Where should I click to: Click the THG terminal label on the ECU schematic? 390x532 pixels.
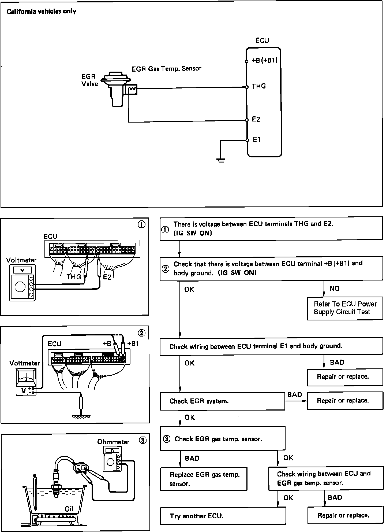point(258,86)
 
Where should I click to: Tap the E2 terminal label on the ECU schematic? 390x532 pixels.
point(256,119)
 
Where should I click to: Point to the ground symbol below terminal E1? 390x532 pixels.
point(220,161)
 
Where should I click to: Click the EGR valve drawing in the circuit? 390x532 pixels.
point(116,88)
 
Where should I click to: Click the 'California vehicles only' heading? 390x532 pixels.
point(42,12)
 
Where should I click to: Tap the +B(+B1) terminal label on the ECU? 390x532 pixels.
point(264,61)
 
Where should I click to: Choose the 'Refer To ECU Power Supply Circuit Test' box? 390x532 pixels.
point(345,308)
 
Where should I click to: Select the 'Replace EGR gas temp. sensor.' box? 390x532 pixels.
point(204,479)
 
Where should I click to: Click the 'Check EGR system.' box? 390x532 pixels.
point(222,401)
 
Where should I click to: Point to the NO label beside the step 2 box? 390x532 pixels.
point(335,289)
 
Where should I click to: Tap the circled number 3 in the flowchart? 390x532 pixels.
point(167,439)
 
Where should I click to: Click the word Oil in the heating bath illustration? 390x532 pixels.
point(69,509)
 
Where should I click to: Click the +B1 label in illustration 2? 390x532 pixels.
point(133,344)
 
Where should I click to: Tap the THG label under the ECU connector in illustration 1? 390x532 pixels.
point(74,277)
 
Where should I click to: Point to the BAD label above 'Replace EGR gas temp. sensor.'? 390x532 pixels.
point(192,458)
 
